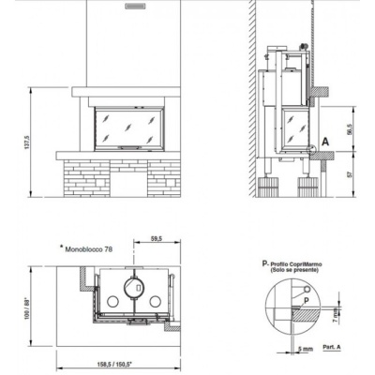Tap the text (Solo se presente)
[x=301, y=273]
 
